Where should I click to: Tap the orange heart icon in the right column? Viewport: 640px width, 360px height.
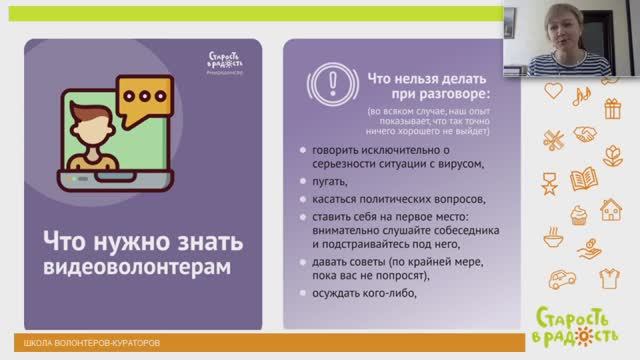(x=554, y=91)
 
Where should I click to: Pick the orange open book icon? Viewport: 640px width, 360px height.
(x=582, y=180)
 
